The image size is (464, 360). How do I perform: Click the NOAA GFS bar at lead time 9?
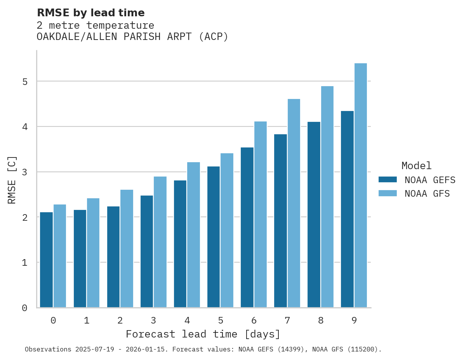pyautogui.click(x=361, y=185)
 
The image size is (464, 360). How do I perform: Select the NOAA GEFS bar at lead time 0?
pyautogui.click(x=46, y=260)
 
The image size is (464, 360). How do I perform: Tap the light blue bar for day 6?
pyautogui.click(x=261, y=215)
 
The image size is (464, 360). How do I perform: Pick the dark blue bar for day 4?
pyautogui.click(x=180, y=244)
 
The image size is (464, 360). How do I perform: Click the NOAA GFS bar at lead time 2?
pyautogui.click(x=127, y=249)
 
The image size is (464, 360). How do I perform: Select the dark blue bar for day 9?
pyautogui.click(x=347, y=209)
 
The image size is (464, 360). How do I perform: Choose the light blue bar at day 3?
pyautogui.click(x=160, y=242)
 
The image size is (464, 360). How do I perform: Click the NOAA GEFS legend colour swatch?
pyautogui.click(x=388, y=180)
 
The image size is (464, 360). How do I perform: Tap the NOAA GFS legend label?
pyautogui.click(x=427, y=194)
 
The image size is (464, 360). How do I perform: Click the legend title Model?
pyautogui.click(x=416, y=166)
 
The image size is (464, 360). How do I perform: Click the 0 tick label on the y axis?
pyautogui.click(x=24, y=308)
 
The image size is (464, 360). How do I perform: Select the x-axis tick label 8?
pyautogui.click(x=321, y=320)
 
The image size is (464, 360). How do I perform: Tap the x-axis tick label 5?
pyautogui.click(x=221, y=320)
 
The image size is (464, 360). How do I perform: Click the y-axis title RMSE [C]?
pyautogui.click(x=12, y=180)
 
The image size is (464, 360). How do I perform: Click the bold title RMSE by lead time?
pyautogui.click(x=90, y=13)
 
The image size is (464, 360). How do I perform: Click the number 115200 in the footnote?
pyautogui.click(x=363, y=349)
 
